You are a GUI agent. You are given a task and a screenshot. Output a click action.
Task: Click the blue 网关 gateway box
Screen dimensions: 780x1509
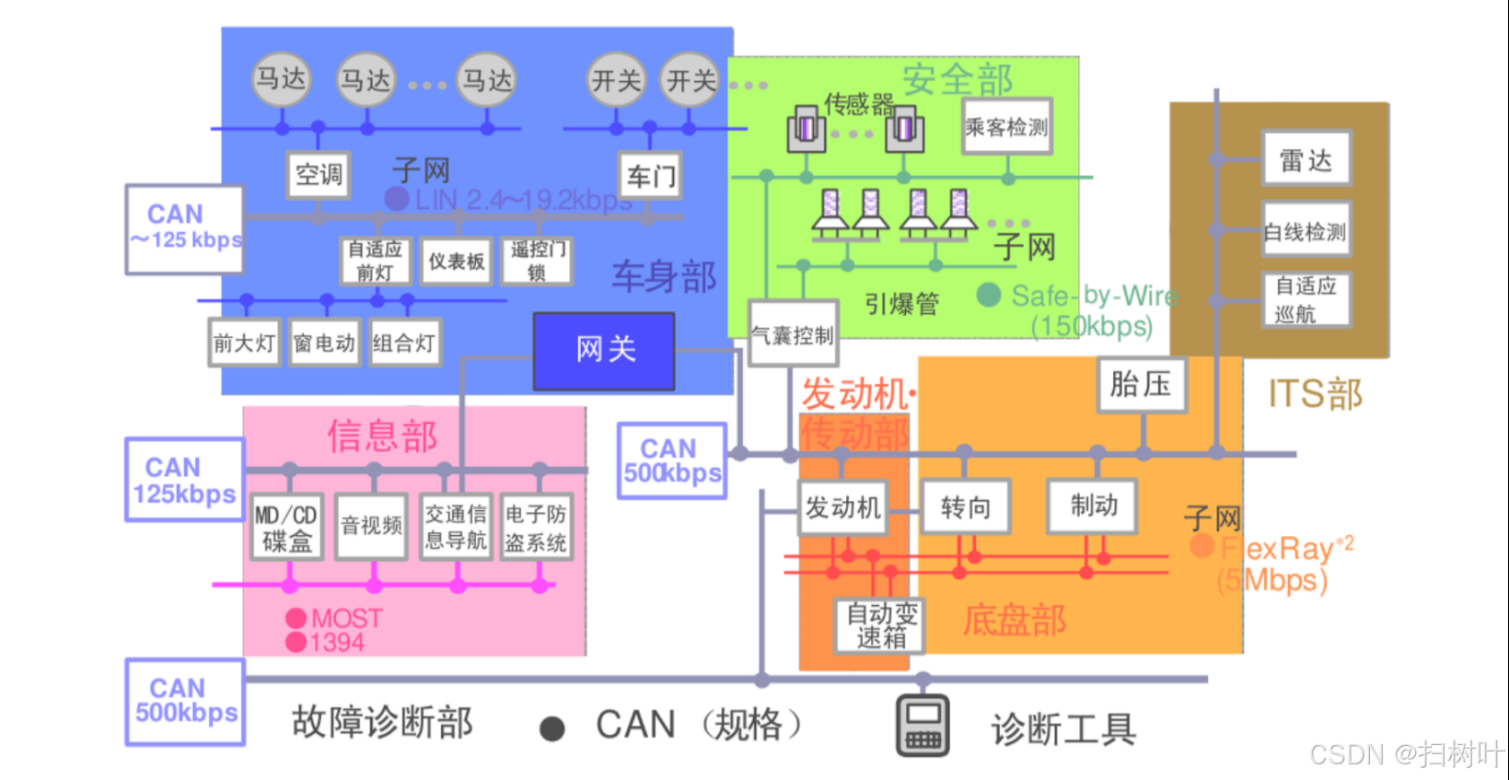click(604, 351)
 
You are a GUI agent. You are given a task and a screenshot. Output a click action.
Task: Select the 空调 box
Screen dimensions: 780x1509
click(319, 174)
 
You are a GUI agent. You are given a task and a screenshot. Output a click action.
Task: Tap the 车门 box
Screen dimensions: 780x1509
click(650, 175)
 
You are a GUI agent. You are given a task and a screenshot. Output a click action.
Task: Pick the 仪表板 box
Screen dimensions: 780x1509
click(456, 262)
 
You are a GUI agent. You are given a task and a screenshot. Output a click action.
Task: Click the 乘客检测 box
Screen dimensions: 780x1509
click(1006, 127)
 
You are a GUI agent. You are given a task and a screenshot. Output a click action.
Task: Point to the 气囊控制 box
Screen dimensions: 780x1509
click(793, 334)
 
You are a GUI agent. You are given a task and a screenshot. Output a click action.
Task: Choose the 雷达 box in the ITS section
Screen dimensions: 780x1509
click(1306, 160)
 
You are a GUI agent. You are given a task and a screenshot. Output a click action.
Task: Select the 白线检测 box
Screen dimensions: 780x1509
click(1306, 231)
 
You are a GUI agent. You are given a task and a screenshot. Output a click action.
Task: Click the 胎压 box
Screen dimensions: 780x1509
click(1142, 384)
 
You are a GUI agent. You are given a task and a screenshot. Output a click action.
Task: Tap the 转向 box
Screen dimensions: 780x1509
click(966, 506)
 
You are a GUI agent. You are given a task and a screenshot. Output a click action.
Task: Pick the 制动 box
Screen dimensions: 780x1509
click(1093, 506)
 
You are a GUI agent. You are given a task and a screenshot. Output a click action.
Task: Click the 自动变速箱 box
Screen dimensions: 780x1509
click(881, 626)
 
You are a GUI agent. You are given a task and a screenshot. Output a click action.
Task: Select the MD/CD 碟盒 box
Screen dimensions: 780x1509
click(286, 528)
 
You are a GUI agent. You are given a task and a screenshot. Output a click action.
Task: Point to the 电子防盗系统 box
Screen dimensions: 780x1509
click(535, 528)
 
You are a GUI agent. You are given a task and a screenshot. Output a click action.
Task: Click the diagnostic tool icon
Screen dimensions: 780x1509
click(923, 726)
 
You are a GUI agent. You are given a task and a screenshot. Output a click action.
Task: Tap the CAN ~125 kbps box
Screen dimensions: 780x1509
click(184, 228)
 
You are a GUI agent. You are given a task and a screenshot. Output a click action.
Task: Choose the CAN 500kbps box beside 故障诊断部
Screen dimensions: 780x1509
click(185, 702)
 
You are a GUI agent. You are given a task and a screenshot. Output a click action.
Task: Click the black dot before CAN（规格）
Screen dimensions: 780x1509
click(552, 729)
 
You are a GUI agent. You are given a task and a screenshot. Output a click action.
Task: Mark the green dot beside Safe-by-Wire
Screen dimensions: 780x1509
click(989, 295)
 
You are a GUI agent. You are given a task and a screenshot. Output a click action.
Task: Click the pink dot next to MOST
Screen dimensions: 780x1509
click(296, 618)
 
